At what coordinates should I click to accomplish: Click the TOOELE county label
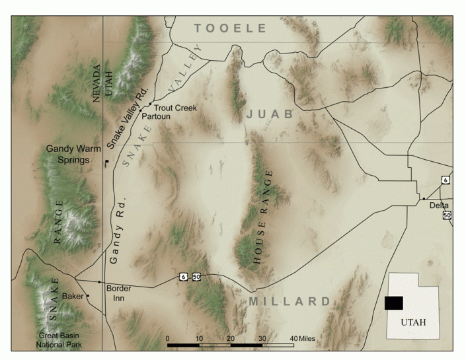(x=231, y=28)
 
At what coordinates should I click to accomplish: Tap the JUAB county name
(x=269, y=114)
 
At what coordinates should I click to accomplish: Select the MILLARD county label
(x=290, y=301)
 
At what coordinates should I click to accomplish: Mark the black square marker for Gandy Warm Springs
(x=106, y=161)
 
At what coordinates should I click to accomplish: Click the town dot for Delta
(x=424, y=198)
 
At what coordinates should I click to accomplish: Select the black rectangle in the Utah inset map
(x=393, y=303)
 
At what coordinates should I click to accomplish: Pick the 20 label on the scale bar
(x=230, y=339)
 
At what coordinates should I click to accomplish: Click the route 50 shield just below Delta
(x=447, y=215)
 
